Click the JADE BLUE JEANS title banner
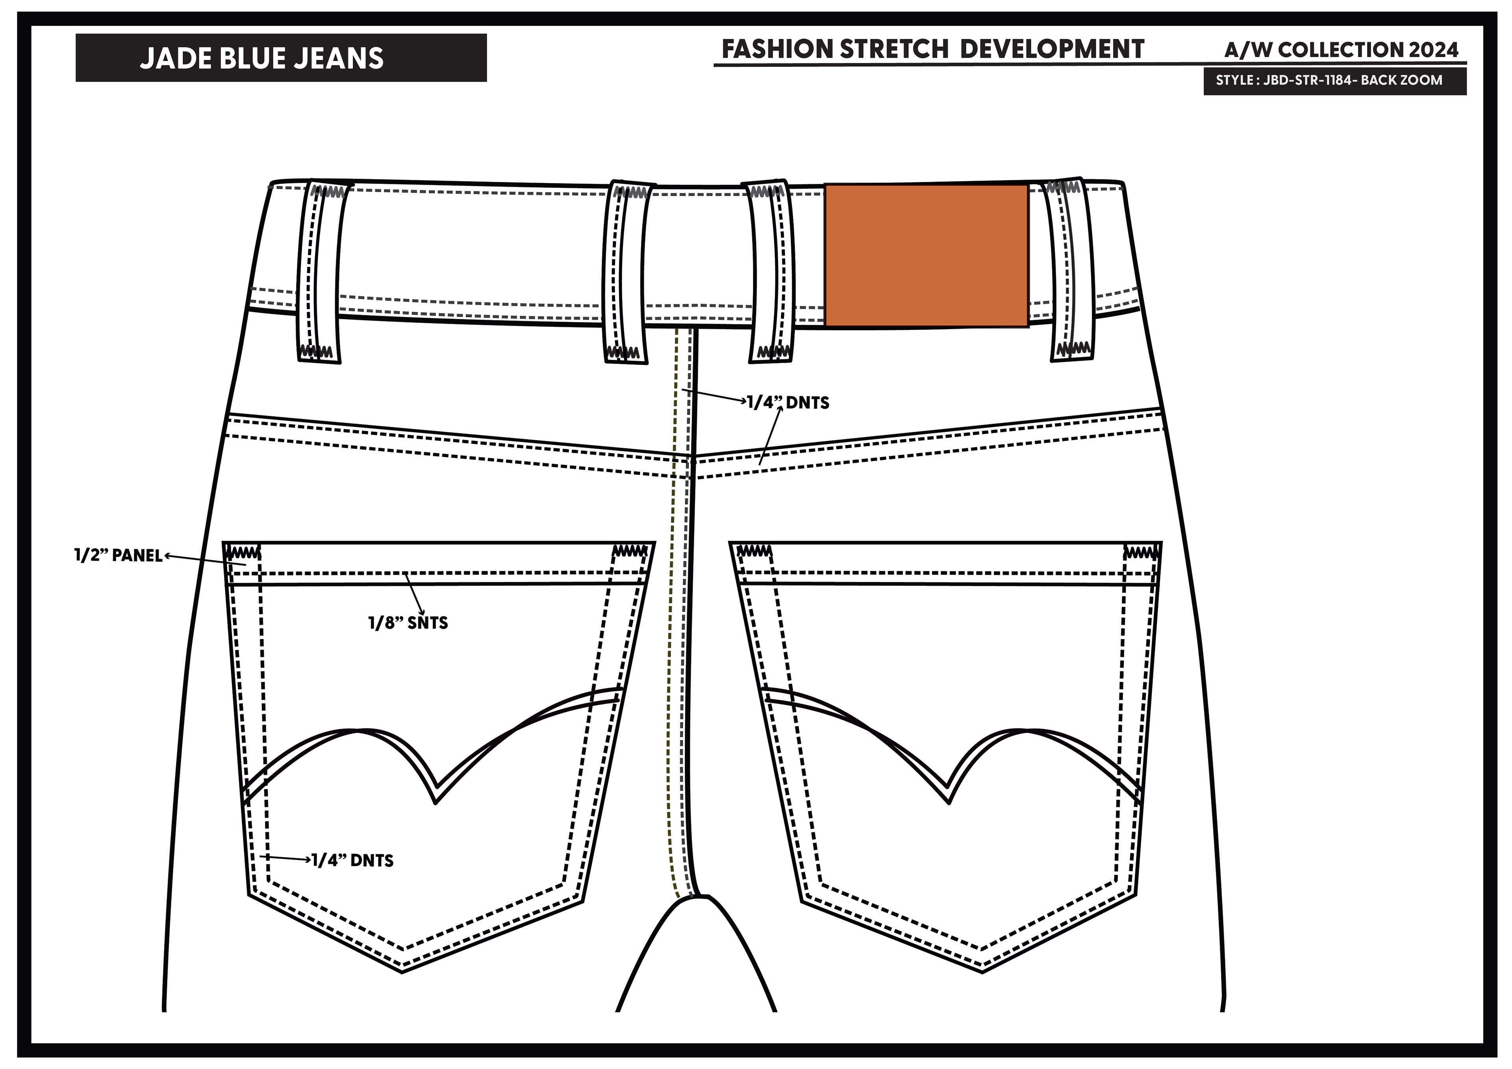(281, 58)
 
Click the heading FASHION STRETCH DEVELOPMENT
(932, 49)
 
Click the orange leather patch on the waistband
(926, 256)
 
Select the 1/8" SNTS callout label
(408, 623)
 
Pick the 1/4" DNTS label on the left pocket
(352, 860)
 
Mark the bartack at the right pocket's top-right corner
(1142, 551)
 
